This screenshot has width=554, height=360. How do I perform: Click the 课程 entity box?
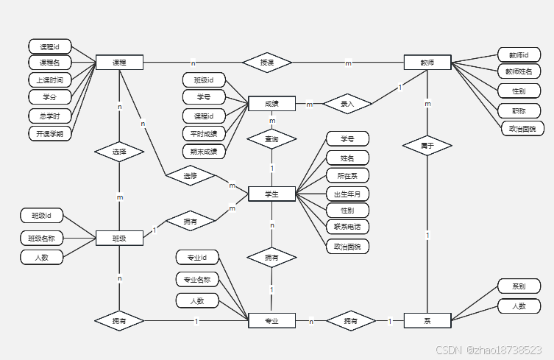119,63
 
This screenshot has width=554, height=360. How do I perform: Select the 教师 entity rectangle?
427,63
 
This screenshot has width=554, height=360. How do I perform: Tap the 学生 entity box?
272,194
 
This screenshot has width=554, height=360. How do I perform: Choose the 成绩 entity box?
272,104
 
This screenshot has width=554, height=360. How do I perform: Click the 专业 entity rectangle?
272,321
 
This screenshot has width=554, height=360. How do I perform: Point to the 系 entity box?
427,321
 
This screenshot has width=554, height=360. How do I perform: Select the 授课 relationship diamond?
267,63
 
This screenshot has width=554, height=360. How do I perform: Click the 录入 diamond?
347,105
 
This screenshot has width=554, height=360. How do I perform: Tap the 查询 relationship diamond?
271,138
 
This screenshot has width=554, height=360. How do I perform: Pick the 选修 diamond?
191,177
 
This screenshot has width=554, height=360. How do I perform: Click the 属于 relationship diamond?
427,146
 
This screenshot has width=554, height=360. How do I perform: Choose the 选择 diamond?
119,152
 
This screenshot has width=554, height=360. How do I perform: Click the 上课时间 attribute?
50,80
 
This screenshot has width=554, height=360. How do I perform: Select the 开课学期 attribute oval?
50,133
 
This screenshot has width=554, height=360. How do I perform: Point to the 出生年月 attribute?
347,194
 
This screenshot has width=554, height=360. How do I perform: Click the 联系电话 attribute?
347,227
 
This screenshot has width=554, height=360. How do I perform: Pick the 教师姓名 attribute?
519,71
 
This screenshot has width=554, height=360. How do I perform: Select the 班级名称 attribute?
42,238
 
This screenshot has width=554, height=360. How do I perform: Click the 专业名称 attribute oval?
198,279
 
